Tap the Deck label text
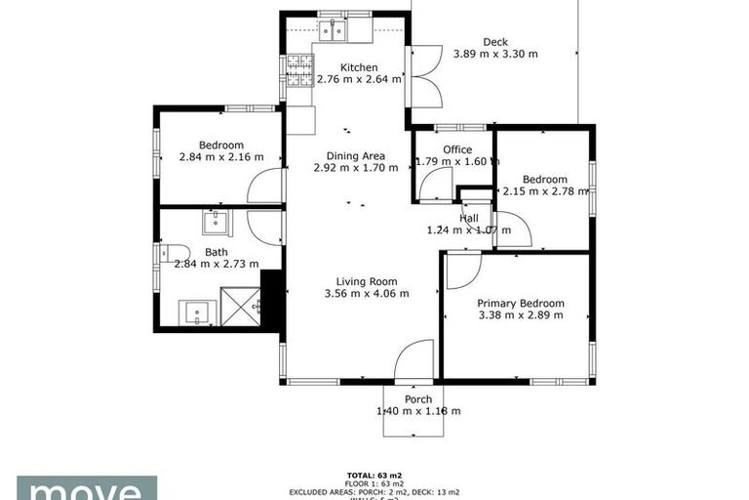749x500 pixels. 495,42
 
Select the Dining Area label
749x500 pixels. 355,155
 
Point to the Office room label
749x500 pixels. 457,149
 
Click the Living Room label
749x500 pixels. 366,280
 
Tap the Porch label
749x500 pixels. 417,399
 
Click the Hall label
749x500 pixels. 469,218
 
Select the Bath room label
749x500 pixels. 216,251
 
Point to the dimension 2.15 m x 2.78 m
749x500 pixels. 545,191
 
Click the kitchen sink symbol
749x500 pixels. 334,30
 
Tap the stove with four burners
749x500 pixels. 299,68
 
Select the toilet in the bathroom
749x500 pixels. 167,254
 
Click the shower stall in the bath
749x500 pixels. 242,304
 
